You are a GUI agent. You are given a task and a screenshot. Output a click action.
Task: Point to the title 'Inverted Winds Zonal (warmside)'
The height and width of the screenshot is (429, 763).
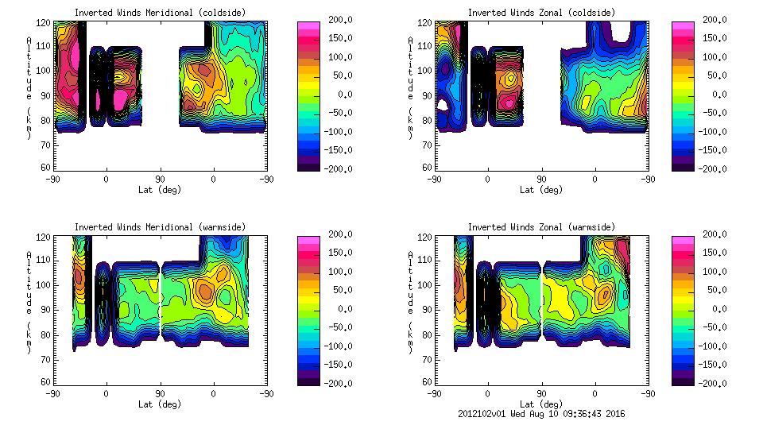point(541,227)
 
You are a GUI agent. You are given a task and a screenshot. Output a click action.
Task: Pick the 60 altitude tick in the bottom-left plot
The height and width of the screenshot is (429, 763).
point(46,381)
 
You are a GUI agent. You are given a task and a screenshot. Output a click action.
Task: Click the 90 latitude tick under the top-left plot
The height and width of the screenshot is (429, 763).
point(160,179)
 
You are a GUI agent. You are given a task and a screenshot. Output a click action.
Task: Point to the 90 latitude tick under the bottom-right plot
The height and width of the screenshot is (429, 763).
point(541,393)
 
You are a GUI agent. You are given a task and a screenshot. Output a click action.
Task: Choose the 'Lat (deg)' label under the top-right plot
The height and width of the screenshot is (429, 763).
point(541,190)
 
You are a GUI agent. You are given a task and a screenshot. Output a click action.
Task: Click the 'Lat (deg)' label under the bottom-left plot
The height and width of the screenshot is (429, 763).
point(160,404)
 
